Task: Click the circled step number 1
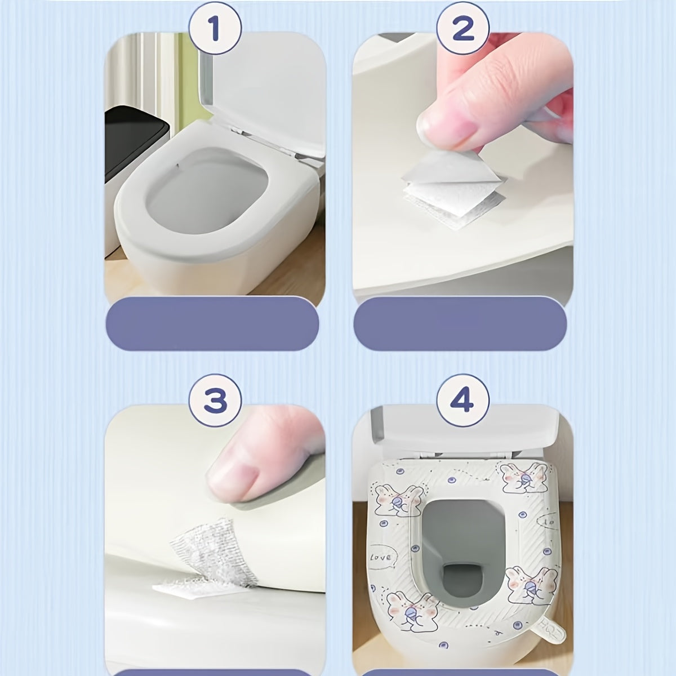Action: [x=215, y=29]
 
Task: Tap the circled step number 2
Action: [x=462, y=29]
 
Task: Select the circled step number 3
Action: [x=215, y=401]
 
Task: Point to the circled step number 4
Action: [x=462, y=401]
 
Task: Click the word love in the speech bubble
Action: [x=394, y=557]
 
